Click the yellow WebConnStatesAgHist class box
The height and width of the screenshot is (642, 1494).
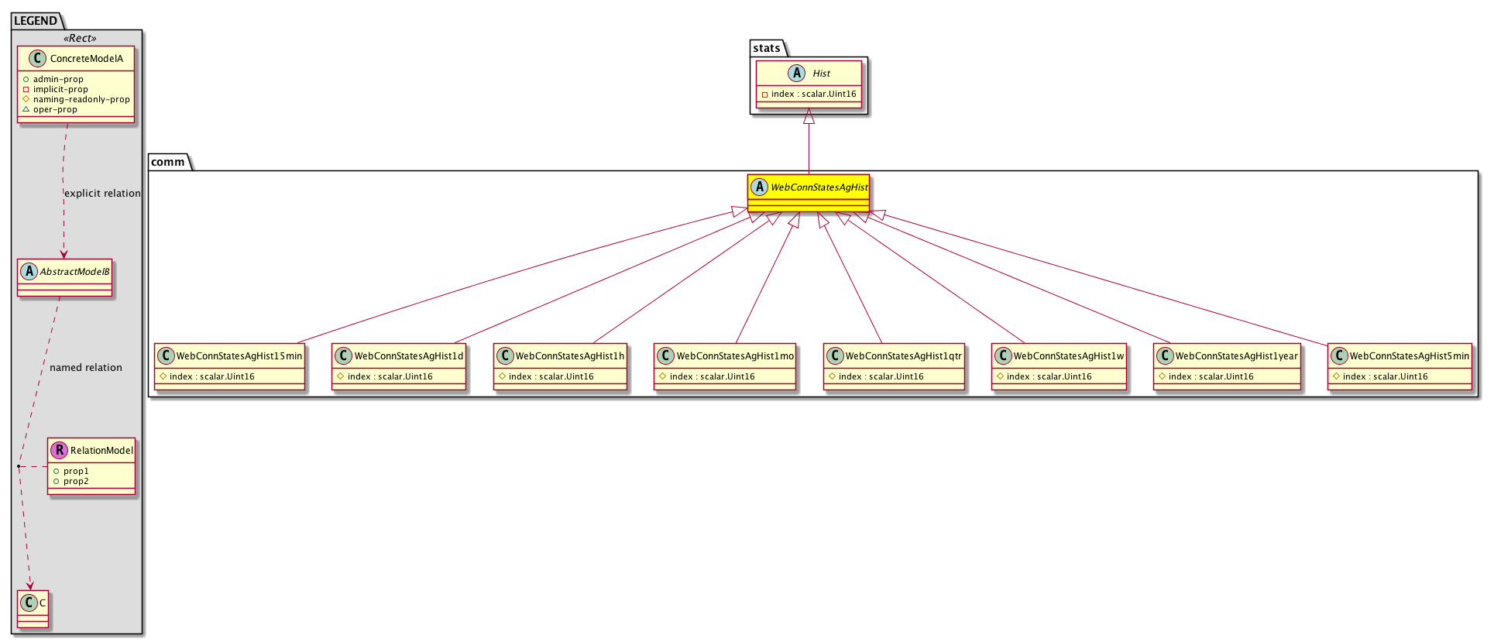[809, 193]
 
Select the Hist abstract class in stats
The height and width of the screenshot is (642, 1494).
[809, 84]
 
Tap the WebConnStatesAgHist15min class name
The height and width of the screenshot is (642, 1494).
[239, 356]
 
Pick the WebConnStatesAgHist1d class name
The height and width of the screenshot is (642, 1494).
[409, 356]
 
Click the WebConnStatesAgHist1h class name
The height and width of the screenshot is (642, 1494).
[570, 356]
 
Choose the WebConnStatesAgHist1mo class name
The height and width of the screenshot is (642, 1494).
[735, 356]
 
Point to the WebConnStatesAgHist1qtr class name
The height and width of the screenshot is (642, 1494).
[903, 356]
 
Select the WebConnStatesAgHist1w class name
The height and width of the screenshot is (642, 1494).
[1069, 356]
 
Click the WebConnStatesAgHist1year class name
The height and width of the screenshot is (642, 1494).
[1237, 356]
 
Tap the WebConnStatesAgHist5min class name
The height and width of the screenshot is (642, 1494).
[1410, 356]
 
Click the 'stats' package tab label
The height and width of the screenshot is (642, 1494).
[767, 48]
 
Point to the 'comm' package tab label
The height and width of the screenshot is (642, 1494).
[168, 162]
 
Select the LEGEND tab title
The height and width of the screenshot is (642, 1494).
[36, 21]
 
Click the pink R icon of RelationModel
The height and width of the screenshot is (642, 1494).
[60, 450]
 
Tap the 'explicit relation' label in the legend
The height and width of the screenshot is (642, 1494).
[102, 194]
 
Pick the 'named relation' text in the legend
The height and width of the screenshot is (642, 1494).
[86, 368]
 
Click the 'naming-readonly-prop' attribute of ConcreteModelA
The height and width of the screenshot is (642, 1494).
[81, 99]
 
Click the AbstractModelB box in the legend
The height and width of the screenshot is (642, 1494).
[64, 277]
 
